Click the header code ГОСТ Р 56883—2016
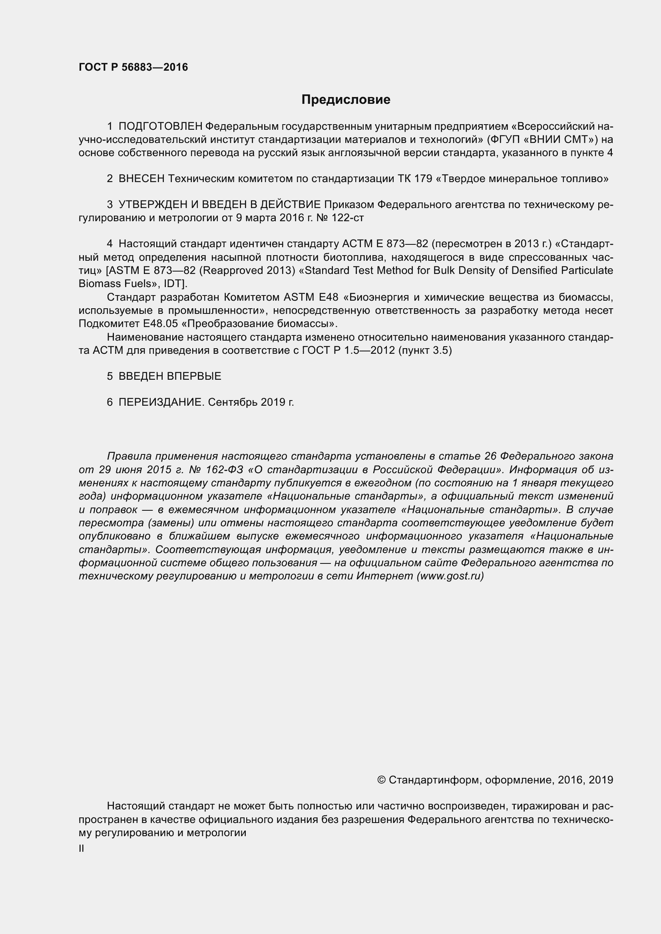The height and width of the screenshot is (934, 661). [133, 67]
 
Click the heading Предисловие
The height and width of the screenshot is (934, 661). [346, 100]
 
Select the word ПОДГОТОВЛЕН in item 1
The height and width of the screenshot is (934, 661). [160, 127]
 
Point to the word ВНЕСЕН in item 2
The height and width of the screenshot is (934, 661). [141, 178]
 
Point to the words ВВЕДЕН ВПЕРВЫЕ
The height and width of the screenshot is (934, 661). [170, 376]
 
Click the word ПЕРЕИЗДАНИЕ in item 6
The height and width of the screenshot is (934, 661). [160, 403]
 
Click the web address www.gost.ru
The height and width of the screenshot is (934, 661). [450, 577]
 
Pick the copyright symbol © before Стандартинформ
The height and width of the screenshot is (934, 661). [381, 780]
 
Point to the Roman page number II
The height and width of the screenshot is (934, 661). [82, 849]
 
